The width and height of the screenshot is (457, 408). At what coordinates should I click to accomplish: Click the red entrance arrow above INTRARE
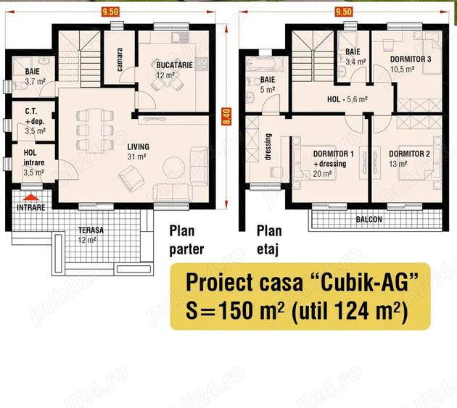[31, 197]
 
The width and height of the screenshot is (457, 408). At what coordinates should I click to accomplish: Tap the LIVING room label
[138, 147]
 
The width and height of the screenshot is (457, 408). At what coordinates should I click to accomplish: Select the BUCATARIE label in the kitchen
[175, 65]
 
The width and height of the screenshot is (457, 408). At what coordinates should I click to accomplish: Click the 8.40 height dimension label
[226, 117]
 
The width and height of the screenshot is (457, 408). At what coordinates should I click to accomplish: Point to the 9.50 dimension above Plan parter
[110, 12]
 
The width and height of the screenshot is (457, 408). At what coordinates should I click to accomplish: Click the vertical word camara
[119, 59]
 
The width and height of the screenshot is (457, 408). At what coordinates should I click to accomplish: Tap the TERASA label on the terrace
[91, 230]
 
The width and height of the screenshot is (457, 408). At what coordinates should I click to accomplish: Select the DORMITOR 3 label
[411, 59]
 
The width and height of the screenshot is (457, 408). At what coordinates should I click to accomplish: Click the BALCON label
[369, 220]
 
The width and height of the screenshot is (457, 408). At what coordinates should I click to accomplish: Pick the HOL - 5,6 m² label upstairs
[347, 99]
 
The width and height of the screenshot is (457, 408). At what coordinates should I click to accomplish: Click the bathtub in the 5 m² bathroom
[265, 64]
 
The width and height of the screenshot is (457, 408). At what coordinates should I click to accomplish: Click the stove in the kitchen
[202, 64]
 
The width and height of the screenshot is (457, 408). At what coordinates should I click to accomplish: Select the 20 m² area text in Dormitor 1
[322, 174]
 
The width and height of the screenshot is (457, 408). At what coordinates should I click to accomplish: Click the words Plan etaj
[269, 241]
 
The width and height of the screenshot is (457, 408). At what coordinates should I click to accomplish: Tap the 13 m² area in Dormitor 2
[398, 164]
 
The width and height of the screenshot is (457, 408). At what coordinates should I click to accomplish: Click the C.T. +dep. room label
[35, 116]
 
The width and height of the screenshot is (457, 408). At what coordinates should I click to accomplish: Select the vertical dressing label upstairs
[268, 147]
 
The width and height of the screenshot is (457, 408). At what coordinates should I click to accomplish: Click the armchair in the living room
[131, 178]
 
